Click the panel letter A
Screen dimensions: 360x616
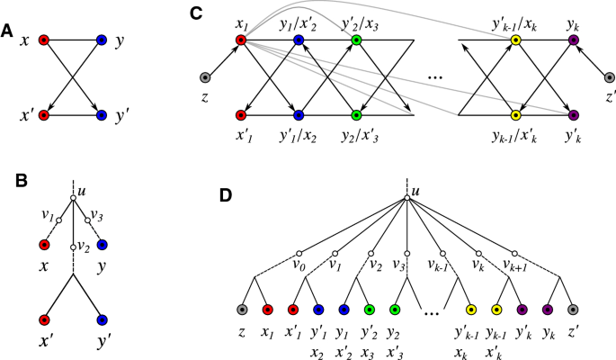coord(8,30)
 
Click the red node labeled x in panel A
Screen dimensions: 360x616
coord(43,40)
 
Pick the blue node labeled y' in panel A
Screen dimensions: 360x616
coord(101,115)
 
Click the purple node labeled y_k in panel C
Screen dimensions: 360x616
coord(574,40)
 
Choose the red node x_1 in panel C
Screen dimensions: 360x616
coord(240,40)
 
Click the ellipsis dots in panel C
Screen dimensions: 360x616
coord(435,79)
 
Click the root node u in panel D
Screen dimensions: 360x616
coord(406,200)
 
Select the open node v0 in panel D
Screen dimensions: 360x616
coord(300,253)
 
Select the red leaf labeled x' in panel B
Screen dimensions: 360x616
coord(43,319)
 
